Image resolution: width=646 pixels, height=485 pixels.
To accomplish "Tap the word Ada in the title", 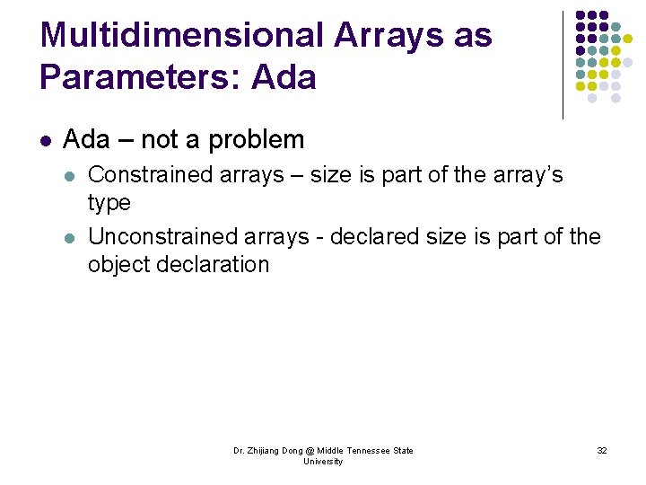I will tap(284, 77).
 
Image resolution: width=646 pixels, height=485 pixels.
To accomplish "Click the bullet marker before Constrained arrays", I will tap(71, 175).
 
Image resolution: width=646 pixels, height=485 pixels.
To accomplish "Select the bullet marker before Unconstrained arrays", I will tap(71, 238).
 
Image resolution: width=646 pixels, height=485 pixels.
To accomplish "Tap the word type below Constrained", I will tap(109, 203).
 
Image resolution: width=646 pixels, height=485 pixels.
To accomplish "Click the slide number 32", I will tap(602, 450).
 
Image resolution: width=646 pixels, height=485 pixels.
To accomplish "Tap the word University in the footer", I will tap(323, 462).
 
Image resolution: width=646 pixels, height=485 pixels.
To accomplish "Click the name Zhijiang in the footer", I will tap(266, 450).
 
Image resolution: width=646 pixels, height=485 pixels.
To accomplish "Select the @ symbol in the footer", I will tap(310, 450).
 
